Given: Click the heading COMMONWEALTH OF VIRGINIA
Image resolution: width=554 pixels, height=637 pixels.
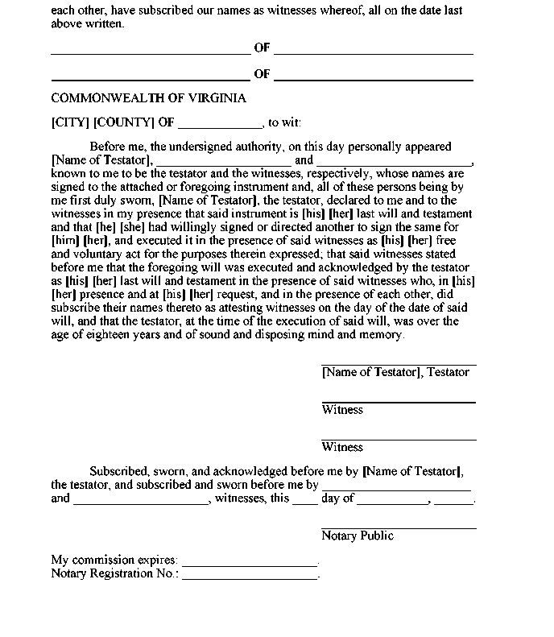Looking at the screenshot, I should tap(148, 98).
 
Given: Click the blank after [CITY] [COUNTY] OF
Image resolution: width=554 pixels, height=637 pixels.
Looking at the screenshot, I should tap(220, 126).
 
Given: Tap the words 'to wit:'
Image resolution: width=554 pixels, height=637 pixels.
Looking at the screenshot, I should tap(285, 122).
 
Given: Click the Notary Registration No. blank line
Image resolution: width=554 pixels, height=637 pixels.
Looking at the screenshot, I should tap(250, 577).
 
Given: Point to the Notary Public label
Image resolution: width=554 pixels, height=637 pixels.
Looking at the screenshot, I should tap(358, 536).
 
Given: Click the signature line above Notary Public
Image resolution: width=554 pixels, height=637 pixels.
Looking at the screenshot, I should tap(399, 527).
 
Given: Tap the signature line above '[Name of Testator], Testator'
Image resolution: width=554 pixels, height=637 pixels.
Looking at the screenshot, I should tap(399, 365).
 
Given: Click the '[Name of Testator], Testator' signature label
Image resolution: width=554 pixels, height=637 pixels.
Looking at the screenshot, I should tap(395, 372).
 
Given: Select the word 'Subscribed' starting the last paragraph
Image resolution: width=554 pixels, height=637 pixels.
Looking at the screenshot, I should tap(120, 472).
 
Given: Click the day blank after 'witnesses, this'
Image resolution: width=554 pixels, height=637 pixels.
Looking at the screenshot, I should tap(304, 502).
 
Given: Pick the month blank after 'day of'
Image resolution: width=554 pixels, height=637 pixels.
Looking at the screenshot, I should tap(392, 502).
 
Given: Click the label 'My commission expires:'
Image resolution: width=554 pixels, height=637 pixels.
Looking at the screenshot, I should tap(114, 560).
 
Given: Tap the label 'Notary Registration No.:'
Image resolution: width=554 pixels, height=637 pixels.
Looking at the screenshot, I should tap(115, 573).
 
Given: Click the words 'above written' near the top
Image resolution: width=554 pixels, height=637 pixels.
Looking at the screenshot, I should tap(88, 24).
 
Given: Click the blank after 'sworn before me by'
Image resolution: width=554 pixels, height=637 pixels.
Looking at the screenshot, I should tap(395, 489).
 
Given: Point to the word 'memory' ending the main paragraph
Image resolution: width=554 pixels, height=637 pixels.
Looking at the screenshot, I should tap(383, 334).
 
